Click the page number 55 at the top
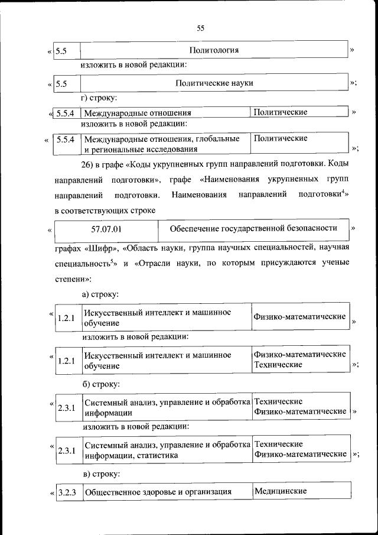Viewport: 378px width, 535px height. pyautogui.click(x=200, y=28)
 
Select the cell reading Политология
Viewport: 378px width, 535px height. pyautogui.click(x=214, y=50)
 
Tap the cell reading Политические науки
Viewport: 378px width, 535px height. pyautogui.click(x=214, y=83)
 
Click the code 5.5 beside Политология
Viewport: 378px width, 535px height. pyautogui.click(x=61, y=51)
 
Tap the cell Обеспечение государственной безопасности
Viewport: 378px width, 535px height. pyautogui.click(x=253, y=228)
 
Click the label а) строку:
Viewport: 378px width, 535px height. pyautogui.click(x=100, y=293)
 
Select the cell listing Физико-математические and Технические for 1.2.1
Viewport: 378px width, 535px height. pyautogui.click(x=299, y=359)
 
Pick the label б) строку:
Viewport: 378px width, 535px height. pyautogui.click(x=100, y=384)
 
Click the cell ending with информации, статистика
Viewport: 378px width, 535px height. pyautogui.click(x=167, y=450)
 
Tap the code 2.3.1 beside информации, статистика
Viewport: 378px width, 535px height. pyautogui.click(x=66, y=450)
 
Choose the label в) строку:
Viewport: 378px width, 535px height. pyautogui.click(x=100, y=474)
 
